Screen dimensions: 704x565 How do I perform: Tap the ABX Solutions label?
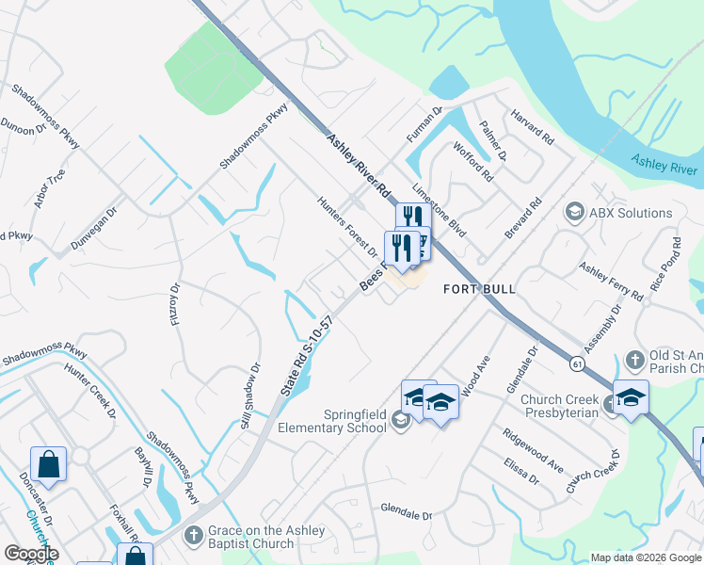631,213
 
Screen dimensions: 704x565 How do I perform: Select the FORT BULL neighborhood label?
480,289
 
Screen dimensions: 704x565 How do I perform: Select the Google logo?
31,554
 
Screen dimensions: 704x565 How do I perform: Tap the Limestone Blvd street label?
446,213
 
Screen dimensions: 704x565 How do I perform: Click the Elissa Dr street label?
520,472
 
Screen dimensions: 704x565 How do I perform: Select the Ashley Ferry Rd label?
611,282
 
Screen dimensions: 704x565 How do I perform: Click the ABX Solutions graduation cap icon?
573,214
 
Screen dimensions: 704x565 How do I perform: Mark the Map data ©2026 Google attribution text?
645,557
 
